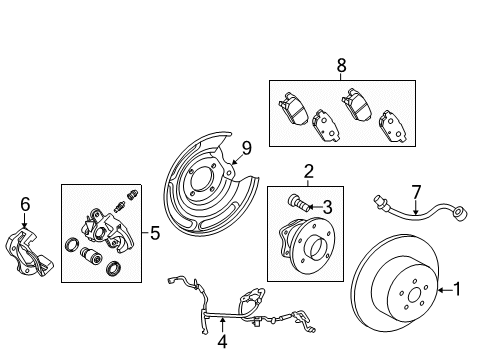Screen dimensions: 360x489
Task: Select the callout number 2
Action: coord(308,171)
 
